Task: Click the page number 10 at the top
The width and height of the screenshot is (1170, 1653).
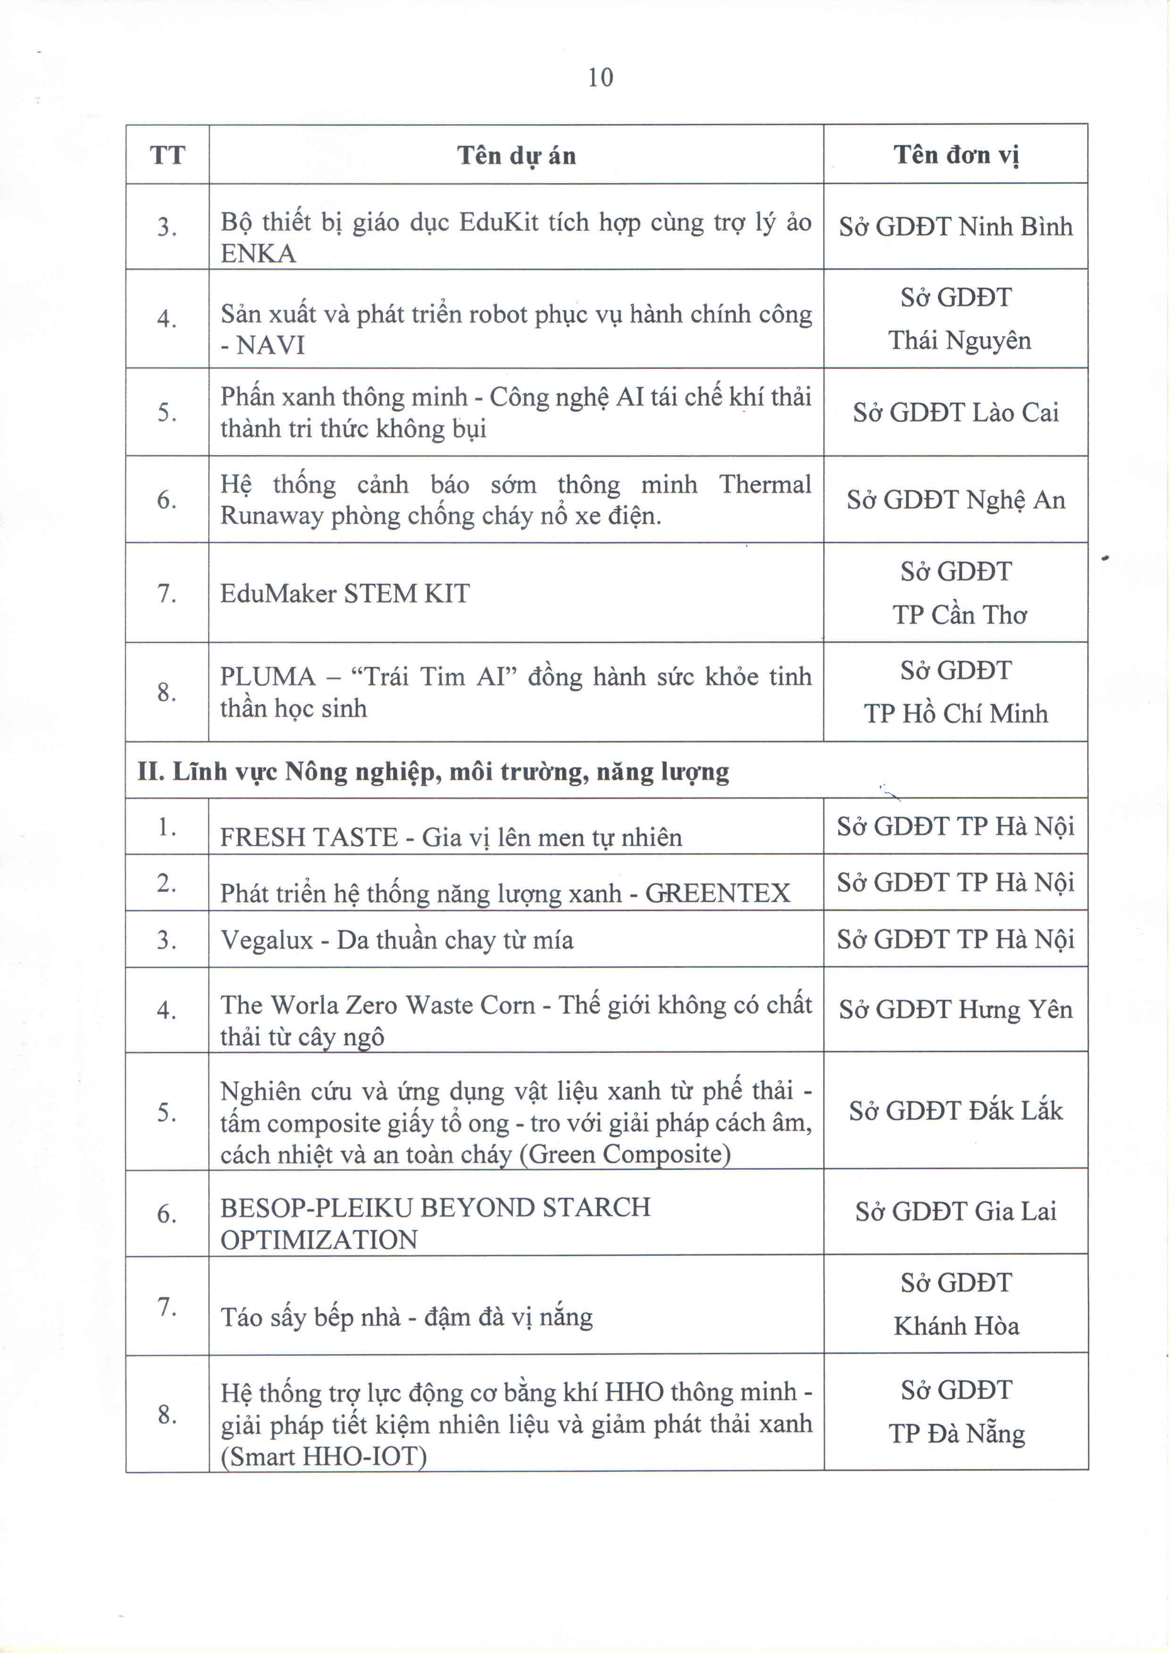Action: (x=600, y=77)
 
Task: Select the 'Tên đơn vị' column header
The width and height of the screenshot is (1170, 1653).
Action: (x=955, y=155)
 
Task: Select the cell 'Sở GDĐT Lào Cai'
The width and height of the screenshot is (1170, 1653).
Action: (x=955, y=413)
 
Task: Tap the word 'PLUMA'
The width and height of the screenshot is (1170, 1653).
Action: (x=267, y=677)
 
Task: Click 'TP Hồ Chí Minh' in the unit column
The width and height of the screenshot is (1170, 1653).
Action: (x=955, y=714)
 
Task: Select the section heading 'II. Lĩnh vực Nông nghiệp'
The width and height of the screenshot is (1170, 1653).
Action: (x=432, y=772)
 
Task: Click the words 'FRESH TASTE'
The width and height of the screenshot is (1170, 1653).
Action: (x=309, y=838)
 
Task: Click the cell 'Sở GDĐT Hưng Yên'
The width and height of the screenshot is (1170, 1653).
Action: (x=955, y=1010)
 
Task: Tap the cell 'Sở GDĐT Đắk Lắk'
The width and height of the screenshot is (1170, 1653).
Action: (x=955, y=1111)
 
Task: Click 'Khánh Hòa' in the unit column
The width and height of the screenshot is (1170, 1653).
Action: (x=956, y=1326)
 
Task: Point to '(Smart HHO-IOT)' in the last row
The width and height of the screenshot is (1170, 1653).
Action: (x=324, y=1457)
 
